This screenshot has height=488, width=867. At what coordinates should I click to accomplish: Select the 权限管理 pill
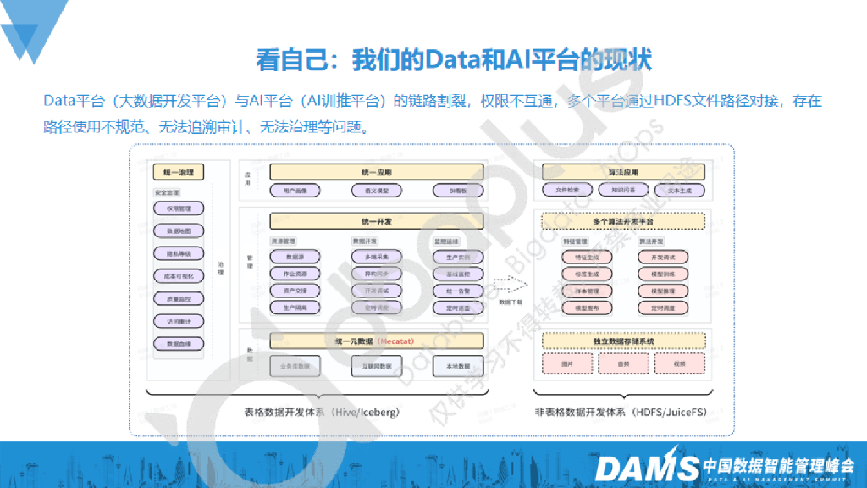[x=178, y=208]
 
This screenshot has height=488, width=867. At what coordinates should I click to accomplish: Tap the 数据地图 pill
[x=178, y=230]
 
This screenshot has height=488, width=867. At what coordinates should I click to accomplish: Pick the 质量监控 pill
[x=178, y=298]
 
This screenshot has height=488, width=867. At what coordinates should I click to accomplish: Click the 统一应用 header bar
[x=376, y=172]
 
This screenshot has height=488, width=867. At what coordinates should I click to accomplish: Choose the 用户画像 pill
[x=295, y=191]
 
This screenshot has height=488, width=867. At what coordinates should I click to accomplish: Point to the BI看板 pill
[x=458, y=191]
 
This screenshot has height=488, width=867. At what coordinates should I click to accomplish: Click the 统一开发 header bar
[x=376, y=221]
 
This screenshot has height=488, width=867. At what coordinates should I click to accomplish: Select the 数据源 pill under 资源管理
[x=295, y=257]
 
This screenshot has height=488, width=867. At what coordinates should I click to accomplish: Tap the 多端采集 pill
[x=376, y=257]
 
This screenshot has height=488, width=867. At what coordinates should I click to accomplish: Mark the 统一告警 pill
[x=458, y=291]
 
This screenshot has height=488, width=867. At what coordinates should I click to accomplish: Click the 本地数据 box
[x=458, y=366]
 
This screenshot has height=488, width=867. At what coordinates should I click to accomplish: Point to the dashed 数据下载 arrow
[x=511, y=285]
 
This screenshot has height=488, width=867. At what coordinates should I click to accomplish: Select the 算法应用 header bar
[x=622, y=172]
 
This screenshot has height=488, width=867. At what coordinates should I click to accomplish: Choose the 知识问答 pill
[x=623, y=191]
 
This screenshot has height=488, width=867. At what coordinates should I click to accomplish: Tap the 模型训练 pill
[x=663, y=274]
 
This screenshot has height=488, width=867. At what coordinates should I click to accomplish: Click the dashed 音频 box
[x=622, y=363]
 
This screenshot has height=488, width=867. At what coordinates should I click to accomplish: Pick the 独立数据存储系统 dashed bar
[x=622, y=341]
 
